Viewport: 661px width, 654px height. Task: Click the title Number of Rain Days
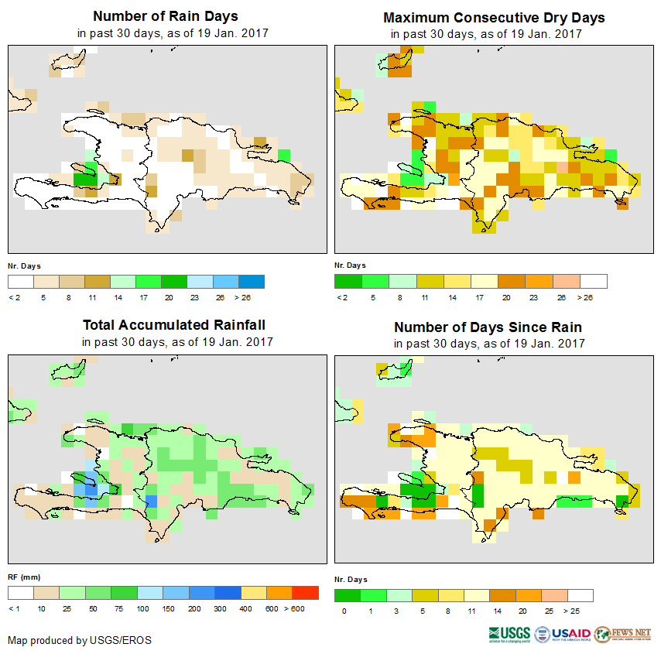(165, 16)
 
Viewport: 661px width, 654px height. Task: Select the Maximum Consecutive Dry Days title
(494, 17)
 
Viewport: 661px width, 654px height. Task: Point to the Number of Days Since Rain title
(488, 327)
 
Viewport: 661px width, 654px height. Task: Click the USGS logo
(509, 634)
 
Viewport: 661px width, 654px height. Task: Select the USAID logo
(563, 634)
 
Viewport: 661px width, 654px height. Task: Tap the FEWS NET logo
(623, 634)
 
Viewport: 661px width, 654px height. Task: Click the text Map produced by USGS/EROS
(80, 640)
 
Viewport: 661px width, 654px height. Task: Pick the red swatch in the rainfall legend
(305, 592)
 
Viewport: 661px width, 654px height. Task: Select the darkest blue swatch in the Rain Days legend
(251, 281)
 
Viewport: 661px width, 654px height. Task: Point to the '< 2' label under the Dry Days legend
(341, 296)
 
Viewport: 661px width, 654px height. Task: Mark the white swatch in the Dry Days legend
(594, 281)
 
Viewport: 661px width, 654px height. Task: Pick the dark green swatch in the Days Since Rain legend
(348, 595)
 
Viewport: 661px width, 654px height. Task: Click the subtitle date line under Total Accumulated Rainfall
(177, 341)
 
